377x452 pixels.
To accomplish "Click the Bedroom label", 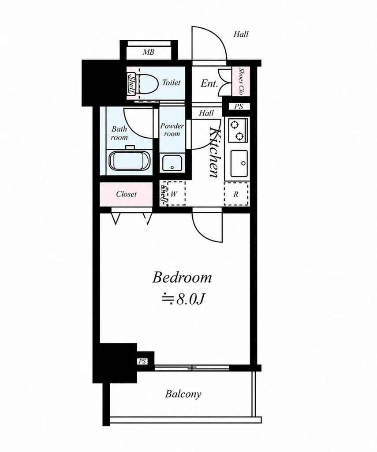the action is point(182,278).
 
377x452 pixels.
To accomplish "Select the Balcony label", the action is point(183,394).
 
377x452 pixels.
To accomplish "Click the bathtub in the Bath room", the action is point(130,162).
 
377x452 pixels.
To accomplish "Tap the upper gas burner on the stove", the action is point(235,125).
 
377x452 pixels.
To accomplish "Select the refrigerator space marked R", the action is point(236,194).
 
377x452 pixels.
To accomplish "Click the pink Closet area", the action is point(126,194).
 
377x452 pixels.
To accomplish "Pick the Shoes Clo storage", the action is point(241,81).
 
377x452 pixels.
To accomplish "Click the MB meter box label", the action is point(148,52).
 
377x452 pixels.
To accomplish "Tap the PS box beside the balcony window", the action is point(142,361).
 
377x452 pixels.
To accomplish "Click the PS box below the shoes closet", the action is point(239,106).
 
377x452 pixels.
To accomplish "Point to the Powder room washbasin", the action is point(172,163).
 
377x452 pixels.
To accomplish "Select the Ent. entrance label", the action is point(209,83).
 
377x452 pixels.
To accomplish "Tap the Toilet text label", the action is point(172,83).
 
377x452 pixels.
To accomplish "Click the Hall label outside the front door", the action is point(241,34).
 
